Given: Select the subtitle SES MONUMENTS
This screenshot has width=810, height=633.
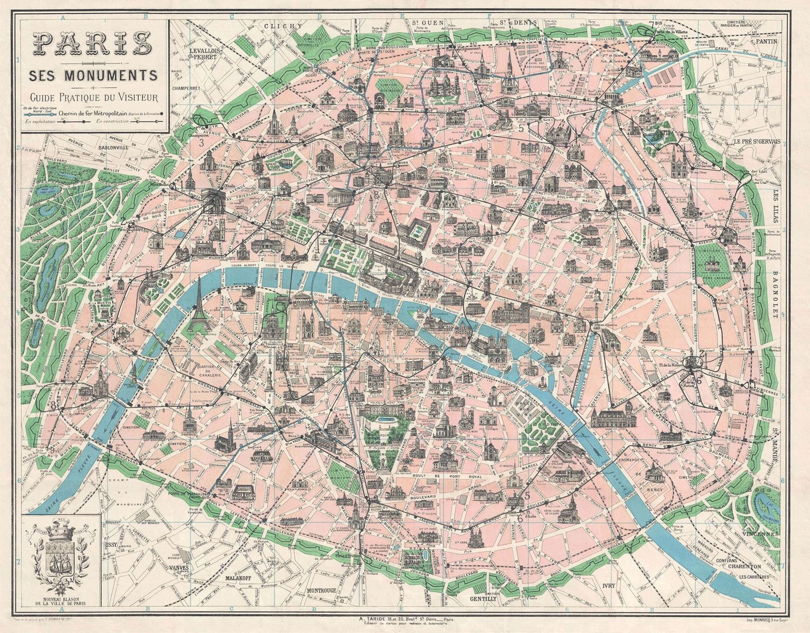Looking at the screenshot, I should click(x=93, y=76).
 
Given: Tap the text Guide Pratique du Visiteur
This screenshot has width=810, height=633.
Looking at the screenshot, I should click(x=93, y=97).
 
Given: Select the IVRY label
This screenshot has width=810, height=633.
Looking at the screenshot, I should click(x=609, y=586).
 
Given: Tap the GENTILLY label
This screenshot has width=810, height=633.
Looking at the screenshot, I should click(x=483, y=598).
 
